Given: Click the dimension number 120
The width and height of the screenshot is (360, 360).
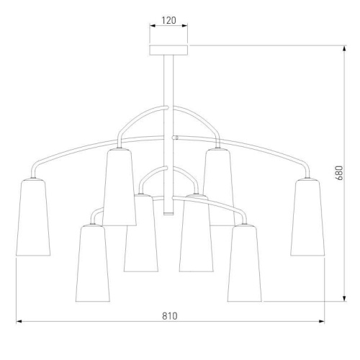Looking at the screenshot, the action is (x=168, y=20).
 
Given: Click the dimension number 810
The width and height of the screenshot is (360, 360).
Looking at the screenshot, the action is (x=170, y=316).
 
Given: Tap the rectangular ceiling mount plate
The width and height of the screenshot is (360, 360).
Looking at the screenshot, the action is (x=168, y=50).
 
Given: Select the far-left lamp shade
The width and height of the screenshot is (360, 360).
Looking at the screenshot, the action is (x=33, y=217).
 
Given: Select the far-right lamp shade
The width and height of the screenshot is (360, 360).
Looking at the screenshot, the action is (x=307, y=217).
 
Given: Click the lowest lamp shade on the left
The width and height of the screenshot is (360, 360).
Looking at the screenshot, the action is (x=93, y=263).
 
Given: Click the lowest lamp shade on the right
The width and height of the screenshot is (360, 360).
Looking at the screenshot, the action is (x=245, y=263).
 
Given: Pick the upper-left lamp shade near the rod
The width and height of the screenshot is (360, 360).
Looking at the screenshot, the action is (x=120, y=187).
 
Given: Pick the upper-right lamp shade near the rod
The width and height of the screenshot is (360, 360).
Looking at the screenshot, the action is (x=218, y=187).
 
